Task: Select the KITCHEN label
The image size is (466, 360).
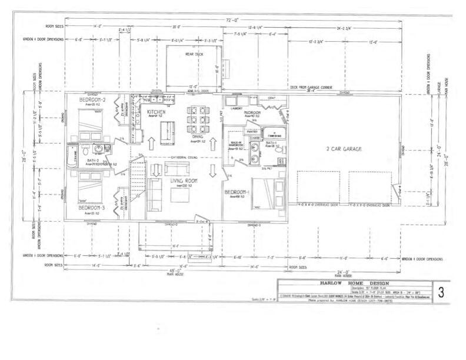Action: coord(157,112)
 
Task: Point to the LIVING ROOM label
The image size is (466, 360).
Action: coord(184,181)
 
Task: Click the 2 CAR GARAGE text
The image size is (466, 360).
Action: coord(344,149)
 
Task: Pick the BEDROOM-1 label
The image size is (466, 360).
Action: coord(238,192)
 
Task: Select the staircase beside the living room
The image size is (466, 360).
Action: coord(137,176)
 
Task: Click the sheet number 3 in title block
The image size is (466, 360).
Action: coord(441,292)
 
